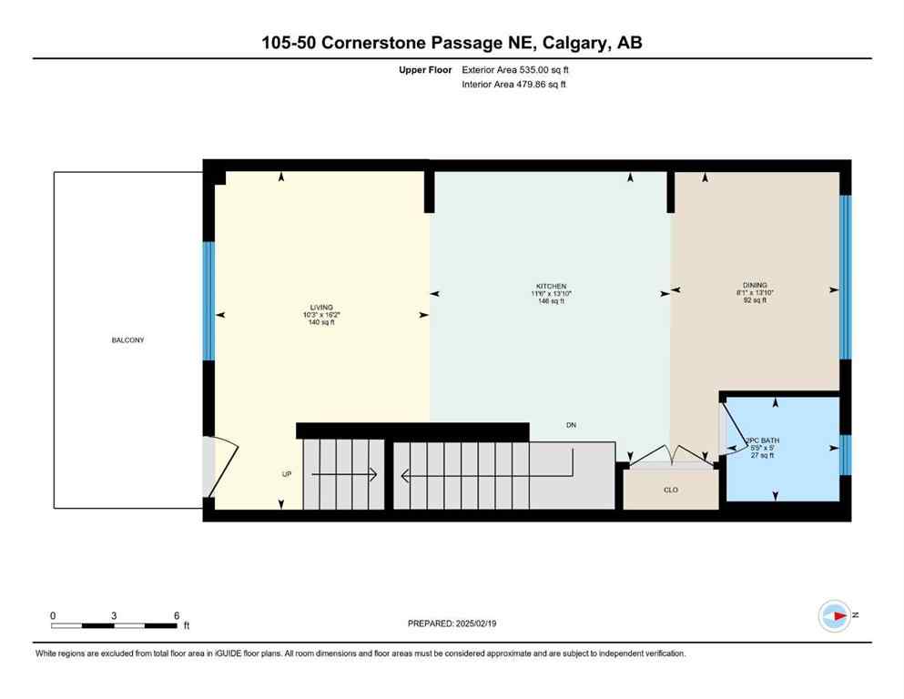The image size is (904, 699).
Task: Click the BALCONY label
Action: click(x=128, y=340)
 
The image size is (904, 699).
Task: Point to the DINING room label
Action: click(x=755, y=285)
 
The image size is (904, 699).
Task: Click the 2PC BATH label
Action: click(x=759, y=440)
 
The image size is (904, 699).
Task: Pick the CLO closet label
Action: click(x=670, y=490)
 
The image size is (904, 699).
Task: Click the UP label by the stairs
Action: click(x=287, y=474)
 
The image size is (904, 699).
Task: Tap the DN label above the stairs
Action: click(x=571, y=425)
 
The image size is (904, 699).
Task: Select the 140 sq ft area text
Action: click(x=322, y=322)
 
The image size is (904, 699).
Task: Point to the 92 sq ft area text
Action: click(x=755, y=300)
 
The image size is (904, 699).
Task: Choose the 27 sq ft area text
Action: click(x=761, y=455)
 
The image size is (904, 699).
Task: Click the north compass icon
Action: click(x=835, y=616)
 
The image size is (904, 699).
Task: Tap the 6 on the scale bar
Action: click(x=176, y=615)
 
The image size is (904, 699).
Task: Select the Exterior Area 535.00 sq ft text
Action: click(x=516, y=69)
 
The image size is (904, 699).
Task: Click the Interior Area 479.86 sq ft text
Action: click(x=514, y=85)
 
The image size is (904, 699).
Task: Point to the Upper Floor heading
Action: click(x=425, y=69)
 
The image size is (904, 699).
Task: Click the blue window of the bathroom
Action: click(x=845, y=455)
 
